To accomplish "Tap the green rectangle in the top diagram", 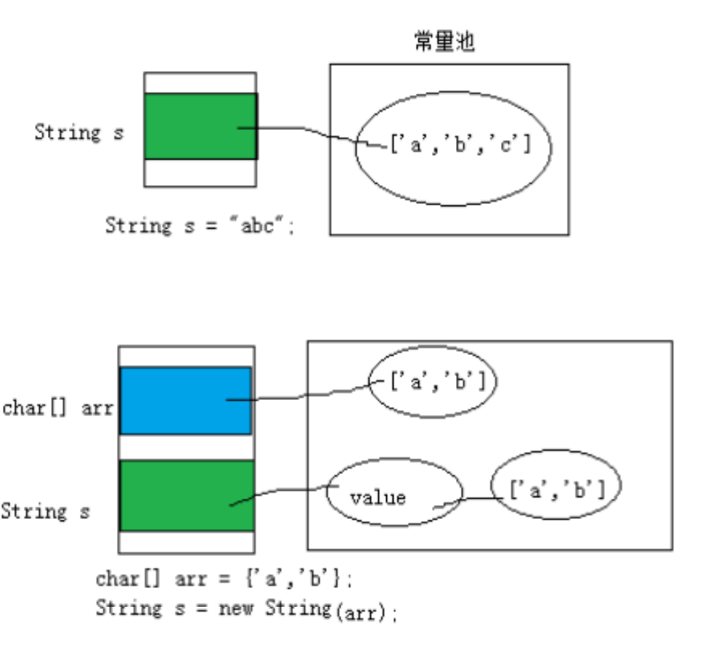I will [x=200, y=126].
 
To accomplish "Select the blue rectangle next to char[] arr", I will [x=185, y=401].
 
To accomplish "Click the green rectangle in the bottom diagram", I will [x=187, y=496].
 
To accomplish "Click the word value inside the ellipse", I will [x=378, y=498].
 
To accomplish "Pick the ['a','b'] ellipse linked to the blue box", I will [x=433, y=383].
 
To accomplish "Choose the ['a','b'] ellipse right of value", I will [x=557, y=490].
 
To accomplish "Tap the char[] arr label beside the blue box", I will [x=57, y=408].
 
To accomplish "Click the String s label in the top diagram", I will [x=78, y=133].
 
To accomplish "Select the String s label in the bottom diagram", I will [x=45, y=512].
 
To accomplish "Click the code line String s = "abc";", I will [x=200, y=226].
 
